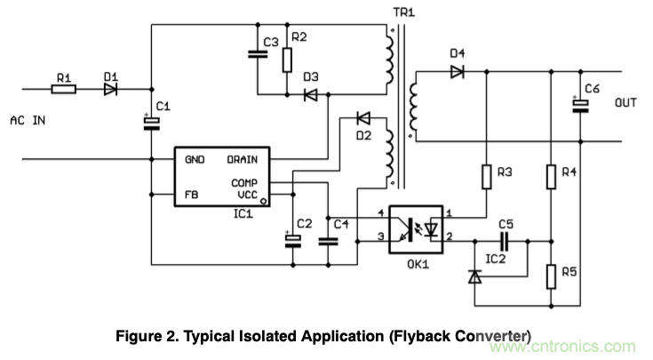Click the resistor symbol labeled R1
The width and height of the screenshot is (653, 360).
click(x=65, y=89)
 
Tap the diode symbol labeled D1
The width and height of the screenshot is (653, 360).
click(x=111, y=89)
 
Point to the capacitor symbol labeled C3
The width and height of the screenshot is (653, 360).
click(x=257, y=54)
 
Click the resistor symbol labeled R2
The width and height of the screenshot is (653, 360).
click(x=287, y=59)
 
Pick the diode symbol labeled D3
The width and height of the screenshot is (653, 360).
click(x=311, y=94)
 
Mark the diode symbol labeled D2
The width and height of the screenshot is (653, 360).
click(x=362, y=117)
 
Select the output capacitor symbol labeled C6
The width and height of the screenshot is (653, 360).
click(x=581, y=105)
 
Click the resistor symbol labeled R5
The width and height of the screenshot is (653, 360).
click(x=551, y=276)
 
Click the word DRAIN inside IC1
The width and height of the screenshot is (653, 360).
click(x=242, y=160)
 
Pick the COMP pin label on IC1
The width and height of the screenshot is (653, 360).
click(x=244, y=183)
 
